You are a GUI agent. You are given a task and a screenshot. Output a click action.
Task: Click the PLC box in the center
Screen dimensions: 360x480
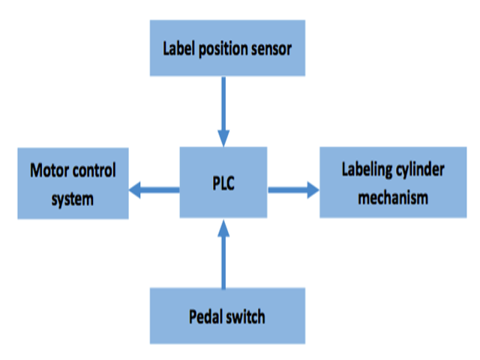click(x=223, y=183)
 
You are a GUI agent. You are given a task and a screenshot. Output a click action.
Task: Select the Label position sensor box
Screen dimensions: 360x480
click(x=227, y=49)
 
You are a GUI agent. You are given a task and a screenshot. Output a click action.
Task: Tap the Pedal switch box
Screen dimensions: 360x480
click(x=227, y=316)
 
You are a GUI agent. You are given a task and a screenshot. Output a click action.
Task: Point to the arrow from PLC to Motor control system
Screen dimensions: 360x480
click(x=154, y=190)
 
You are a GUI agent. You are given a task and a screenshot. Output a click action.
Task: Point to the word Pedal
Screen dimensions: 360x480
click(x=207, y=316)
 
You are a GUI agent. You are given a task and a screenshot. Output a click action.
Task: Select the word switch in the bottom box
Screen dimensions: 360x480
click(x=246, y=316)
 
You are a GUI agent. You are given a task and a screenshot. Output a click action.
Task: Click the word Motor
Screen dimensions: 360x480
click(x=50, y=170)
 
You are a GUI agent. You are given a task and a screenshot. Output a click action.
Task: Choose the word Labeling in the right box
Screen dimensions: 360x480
click(x=369, y=169)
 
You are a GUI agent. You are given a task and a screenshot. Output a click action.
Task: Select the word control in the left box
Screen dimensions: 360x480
click(x=95, y=170)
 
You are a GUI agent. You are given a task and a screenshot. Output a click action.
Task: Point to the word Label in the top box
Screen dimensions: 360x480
click(x=178, y=50)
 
